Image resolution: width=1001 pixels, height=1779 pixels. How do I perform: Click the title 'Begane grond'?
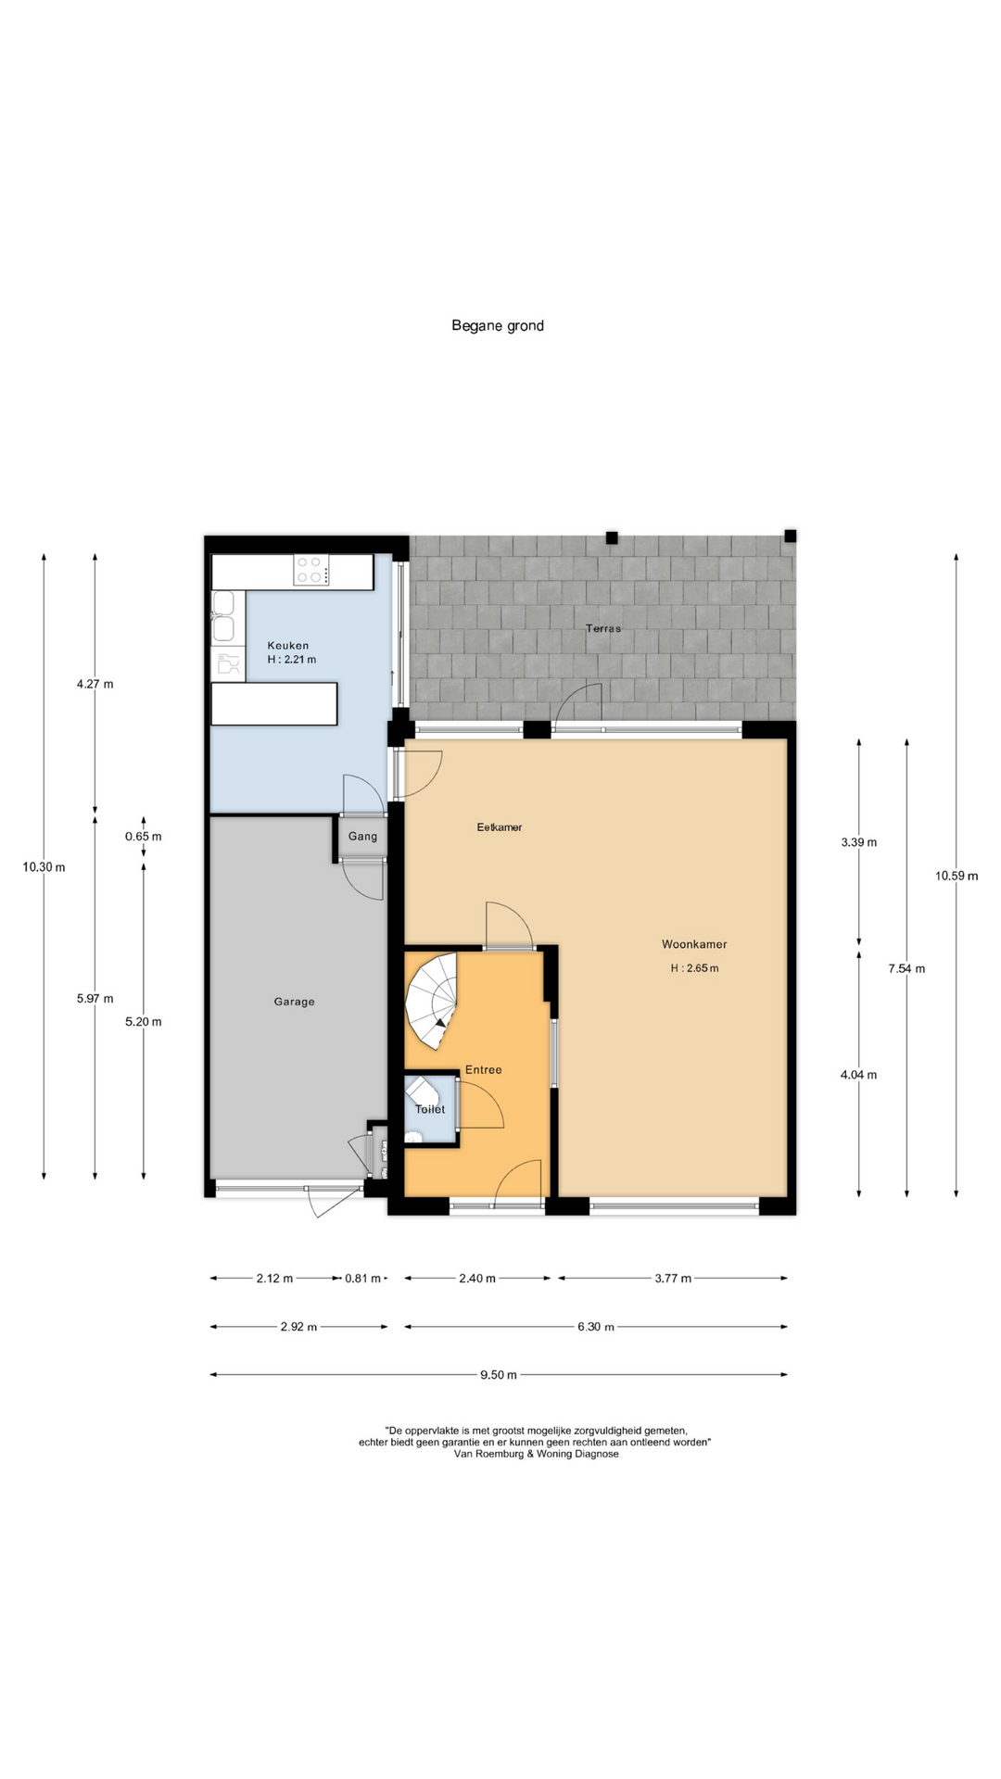(498, 325)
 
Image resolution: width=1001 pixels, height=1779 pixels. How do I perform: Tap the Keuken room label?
(288, 646)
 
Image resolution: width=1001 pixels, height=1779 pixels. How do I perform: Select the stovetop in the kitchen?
(311, 570)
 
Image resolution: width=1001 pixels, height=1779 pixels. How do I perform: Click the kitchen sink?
(223, 618)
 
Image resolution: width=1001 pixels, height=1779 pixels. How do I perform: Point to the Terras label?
(603, 628)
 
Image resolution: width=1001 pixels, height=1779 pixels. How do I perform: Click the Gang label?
(362, 837)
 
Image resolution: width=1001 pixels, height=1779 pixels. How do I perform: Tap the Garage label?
(294, 1002)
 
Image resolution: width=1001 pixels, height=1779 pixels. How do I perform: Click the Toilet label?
(430, 1109)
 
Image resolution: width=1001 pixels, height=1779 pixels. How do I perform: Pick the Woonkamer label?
(694, 944)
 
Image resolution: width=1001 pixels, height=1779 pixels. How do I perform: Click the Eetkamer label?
(500, 827)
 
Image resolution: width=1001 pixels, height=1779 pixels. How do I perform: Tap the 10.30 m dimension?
(44, 867)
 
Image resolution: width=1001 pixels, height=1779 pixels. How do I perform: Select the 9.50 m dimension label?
(499, 1375)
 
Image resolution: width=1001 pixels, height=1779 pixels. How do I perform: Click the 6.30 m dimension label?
(596, 1327)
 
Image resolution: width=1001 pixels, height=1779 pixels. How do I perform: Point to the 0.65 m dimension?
(144, 837)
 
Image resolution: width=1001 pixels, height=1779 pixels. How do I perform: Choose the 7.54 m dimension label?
(906, 969)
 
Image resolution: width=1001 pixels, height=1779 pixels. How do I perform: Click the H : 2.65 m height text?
(695, 968)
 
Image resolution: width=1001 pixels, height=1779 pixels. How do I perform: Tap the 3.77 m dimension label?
(673, 1279)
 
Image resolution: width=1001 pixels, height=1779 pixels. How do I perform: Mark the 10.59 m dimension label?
(957, 876)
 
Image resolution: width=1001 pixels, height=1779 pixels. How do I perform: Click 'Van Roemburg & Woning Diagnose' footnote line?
(536, 1454)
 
